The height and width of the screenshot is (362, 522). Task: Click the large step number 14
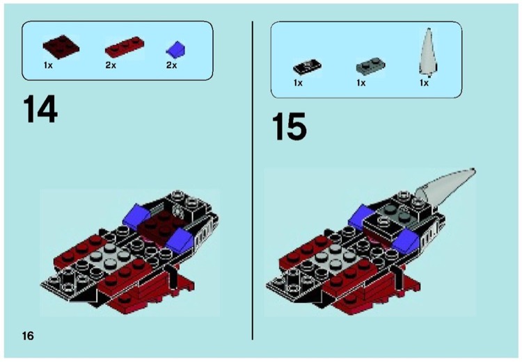40,110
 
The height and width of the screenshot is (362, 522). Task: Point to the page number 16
28,336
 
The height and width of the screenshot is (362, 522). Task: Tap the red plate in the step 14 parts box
123,49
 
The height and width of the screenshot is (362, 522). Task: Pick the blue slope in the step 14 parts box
177,49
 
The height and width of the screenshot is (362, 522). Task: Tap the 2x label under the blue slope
171,65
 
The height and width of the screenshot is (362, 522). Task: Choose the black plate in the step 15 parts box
306,67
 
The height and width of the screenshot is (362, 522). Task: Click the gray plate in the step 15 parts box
369,67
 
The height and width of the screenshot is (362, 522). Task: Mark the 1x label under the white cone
424,83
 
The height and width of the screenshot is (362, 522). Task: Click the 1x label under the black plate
298,83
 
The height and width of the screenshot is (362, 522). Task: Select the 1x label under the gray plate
361,83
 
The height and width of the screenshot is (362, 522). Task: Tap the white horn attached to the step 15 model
448,183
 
